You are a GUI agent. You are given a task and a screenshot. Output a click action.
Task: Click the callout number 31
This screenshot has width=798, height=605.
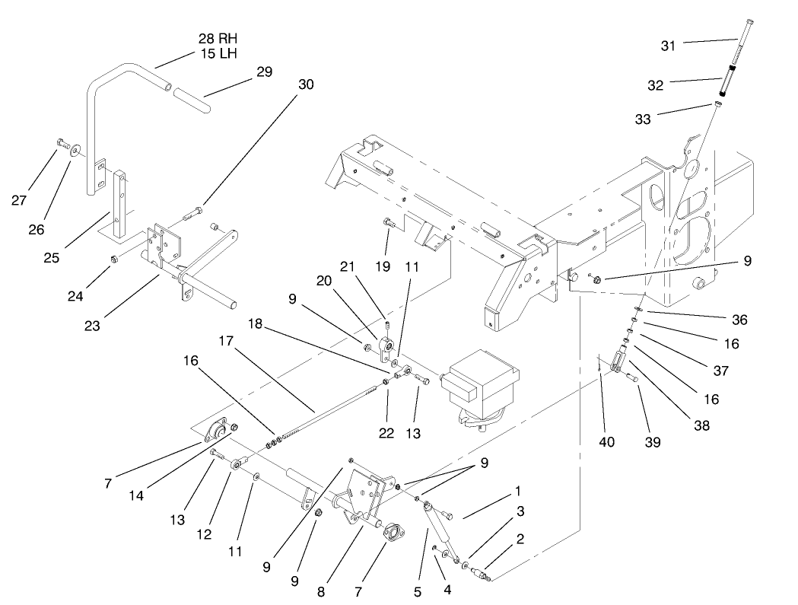(x=667, y=46)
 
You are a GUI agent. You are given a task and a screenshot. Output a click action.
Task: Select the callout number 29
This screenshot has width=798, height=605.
(x=264, y=72)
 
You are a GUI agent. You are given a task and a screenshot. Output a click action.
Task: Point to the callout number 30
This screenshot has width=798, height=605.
(x=305, y=84)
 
